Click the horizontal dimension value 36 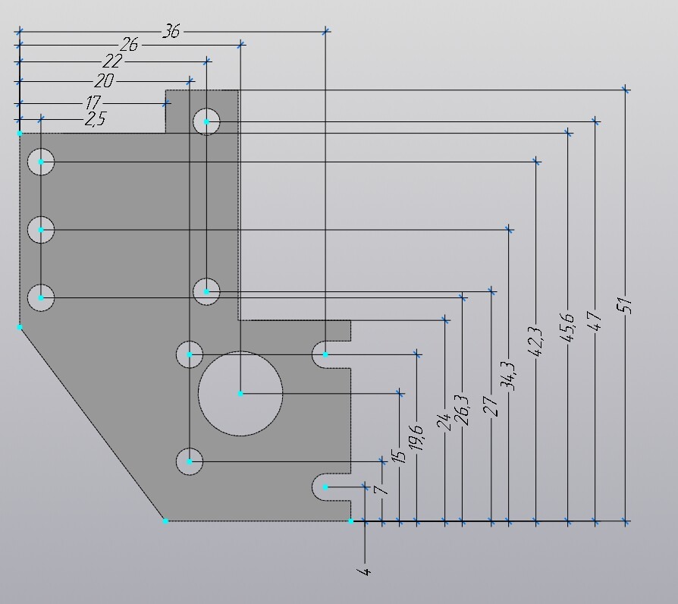171,31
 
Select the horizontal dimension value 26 129,46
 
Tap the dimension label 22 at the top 111,61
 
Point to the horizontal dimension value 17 93,102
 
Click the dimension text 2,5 95,119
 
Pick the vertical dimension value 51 624,306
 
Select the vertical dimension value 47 594,319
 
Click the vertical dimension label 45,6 567,328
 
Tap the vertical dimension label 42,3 535,341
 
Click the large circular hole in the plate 240,393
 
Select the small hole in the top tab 206,121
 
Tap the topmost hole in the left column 41,162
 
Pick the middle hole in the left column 41,229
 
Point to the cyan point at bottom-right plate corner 351,521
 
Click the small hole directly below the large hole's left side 190,461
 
